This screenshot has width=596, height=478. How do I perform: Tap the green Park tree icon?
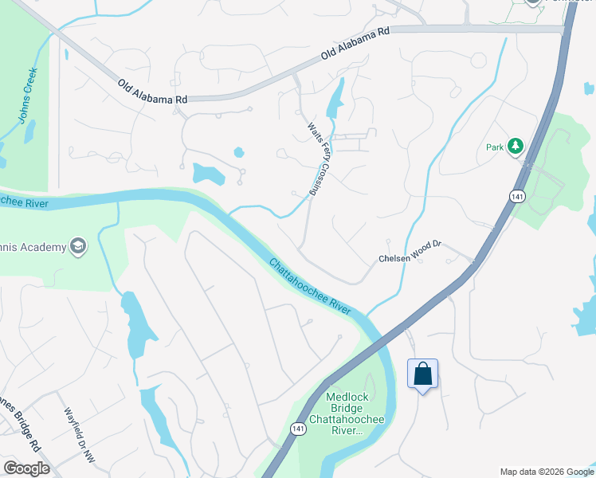[x=516, y=146]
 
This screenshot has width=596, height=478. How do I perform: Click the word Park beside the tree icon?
[x=496, y=147]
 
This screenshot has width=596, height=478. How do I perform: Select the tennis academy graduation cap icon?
[x=77, y=245]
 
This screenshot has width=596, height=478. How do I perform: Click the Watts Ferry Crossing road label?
[x=319, y=158]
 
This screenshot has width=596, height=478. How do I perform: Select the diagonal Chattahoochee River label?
[x=310, y=286]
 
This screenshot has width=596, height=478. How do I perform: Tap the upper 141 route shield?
[x=516, y=195]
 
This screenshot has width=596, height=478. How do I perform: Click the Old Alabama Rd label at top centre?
[x=355, y=44]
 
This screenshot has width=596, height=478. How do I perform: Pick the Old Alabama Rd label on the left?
[x=152, y=91]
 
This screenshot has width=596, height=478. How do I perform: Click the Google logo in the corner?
[x=25, y=468]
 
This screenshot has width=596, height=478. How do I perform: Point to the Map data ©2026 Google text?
[x=546, y=472]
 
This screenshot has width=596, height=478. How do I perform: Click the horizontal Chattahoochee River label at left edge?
[x=24, y=204]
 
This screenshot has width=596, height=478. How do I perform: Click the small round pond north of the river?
[x=237, y=152]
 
